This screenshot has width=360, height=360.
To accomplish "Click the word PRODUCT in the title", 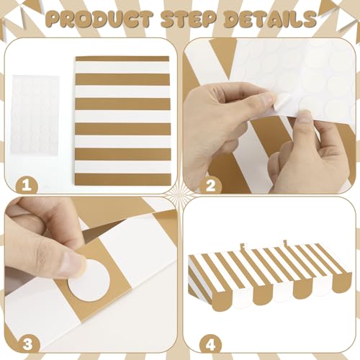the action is click(x=99, y=19).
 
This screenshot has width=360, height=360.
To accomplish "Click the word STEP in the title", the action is click(x=189, y=19).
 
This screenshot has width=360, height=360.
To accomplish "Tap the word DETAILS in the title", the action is click(x=270, y=19).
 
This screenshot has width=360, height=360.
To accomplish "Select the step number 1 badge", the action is click(x=27, y=185).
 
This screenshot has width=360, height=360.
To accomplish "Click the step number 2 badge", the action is click(x=210, y=185).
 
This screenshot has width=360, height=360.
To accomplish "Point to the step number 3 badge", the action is click(x=27, y=344).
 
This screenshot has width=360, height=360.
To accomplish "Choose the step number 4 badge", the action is click(x=210, y=344).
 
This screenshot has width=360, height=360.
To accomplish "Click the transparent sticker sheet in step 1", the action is click(x=35, y=115).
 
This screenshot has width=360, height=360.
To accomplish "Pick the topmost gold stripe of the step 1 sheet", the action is click(x=122, y=59).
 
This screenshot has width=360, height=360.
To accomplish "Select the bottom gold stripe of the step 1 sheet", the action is click(x=123, y=179).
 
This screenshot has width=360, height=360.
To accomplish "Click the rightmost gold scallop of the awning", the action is click(x=343, y=282).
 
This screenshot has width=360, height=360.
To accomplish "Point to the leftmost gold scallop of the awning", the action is click(x=218, y=302).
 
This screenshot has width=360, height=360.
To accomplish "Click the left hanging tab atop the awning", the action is click(x=243, y=246).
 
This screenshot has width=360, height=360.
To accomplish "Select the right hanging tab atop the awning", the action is click(x=285, y=243).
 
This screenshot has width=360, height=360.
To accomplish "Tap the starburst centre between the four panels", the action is click(x=180, y=195).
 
